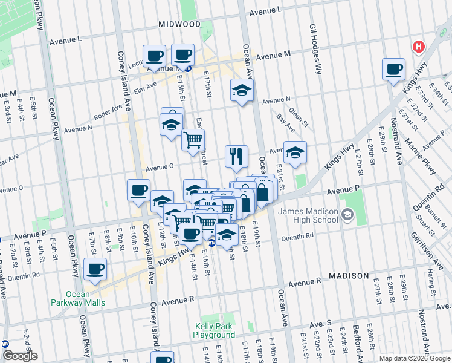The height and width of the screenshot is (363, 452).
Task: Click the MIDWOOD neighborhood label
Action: [179, 24]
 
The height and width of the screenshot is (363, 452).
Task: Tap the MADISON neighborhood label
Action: [349, 276]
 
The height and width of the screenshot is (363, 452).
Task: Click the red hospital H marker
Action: [418, 47]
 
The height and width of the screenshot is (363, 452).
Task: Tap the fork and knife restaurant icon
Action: [236, 156]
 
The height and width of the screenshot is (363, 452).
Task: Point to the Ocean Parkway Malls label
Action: [77, 298]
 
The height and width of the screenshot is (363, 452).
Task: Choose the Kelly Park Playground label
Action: [214, 330]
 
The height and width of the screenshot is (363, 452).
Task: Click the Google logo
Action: [19, 356]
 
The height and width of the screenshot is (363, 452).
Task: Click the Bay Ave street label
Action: [286, 125]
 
